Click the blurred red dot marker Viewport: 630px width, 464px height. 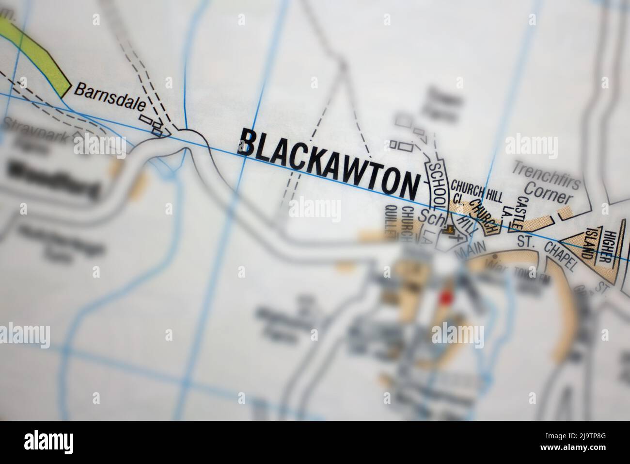coord(445,298)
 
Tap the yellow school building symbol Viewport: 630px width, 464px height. coord(449,230)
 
